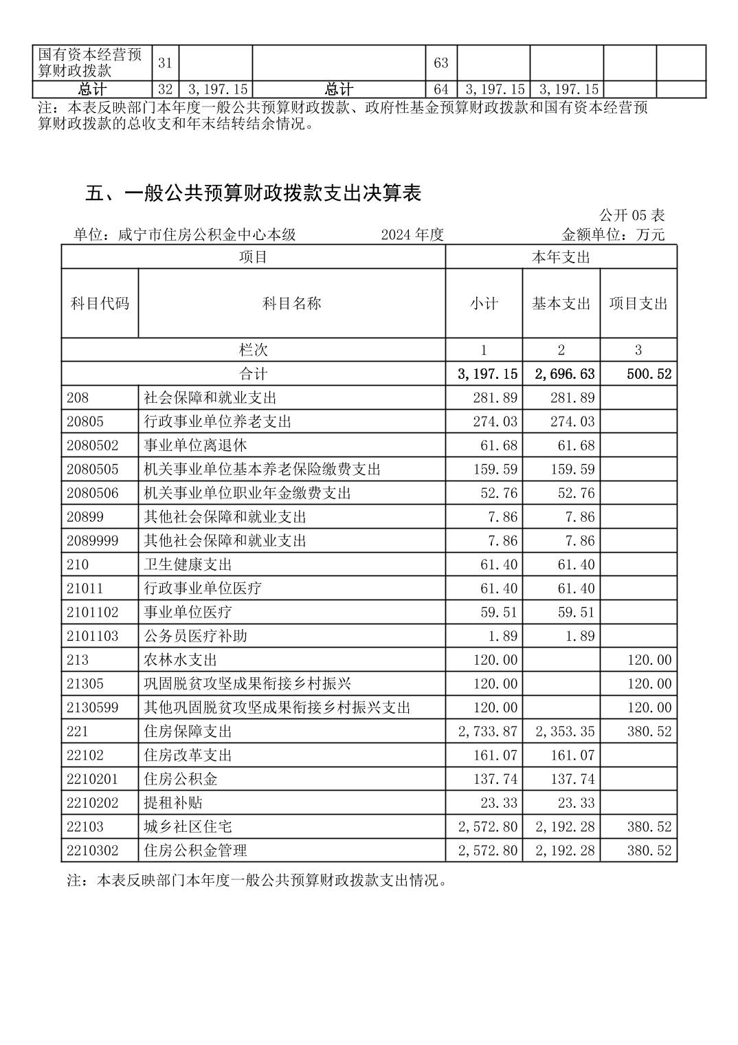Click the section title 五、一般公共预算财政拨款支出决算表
253,194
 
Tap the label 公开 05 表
631,215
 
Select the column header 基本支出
561,304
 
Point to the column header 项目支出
638,304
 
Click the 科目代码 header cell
100,304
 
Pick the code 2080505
93,470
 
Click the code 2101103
93,636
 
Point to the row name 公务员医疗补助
194,636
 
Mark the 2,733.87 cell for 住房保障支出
487,731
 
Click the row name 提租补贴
172,803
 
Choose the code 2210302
93,850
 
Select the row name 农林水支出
180,660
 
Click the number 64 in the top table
440,89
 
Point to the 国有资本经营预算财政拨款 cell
90,63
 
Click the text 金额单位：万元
613,234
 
